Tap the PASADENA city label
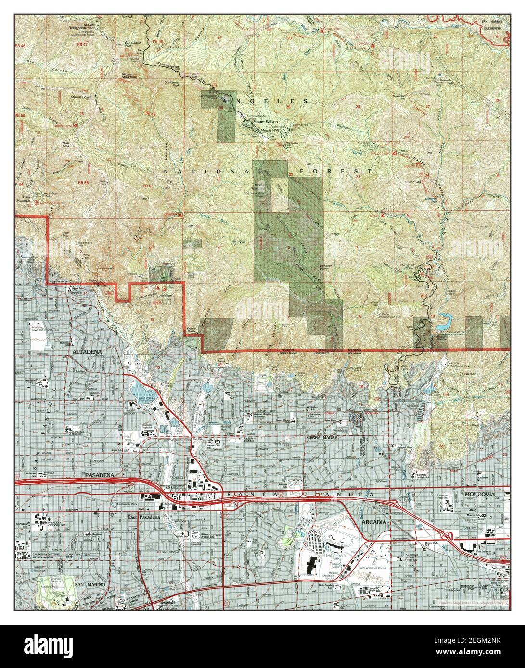coord(99,475)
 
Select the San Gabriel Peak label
coord(134,43)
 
